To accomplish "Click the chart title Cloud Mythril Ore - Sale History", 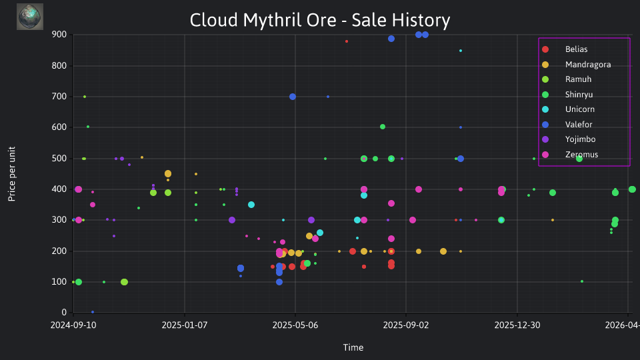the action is point(320,20).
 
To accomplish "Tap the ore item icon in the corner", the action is point(30,17).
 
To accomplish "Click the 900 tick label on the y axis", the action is point(59,35).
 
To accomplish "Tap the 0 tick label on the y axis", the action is point(64,312).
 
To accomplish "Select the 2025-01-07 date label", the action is point(185,325).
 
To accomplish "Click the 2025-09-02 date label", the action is point(406,325).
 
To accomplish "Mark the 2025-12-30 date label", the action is point(517,325).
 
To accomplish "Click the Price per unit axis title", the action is point(12,174).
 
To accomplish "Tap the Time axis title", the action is point(353,347).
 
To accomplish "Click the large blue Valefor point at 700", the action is point(293,97).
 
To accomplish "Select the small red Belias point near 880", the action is point(347,41).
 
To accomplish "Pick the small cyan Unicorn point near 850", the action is point(461,51).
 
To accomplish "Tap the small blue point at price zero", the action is point(93,312).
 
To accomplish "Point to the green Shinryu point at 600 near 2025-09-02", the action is point(383,127).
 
